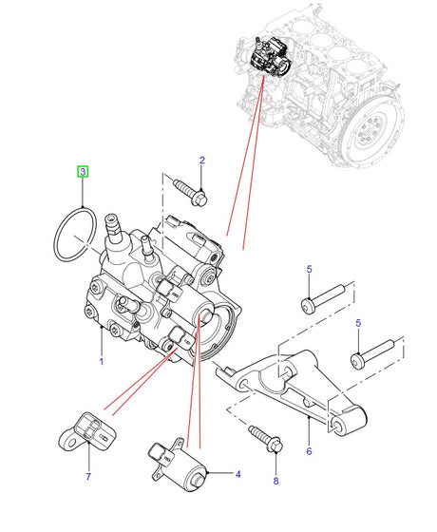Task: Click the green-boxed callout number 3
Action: tap(83, 172)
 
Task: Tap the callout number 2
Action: tap(202, 161)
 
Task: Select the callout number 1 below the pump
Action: tap(101, 362)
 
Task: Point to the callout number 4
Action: tap(237, 474)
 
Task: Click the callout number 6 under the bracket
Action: tap(309, 451)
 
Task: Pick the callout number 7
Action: tap(88, 476)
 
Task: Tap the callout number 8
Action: tap(275, 481)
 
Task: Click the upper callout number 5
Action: tap(309, 270)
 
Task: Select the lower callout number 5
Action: tap(358, 323)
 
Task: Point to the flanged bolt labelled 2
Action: tap(191, 193)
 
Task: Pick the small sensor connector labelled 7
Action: tap(87, 431)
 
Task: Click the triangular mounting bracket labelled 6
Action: tap(292, 390)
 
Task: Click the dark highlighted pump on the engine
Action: tap(270, 58)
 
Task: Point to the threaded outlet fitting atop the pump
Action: tap(113, 226)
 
